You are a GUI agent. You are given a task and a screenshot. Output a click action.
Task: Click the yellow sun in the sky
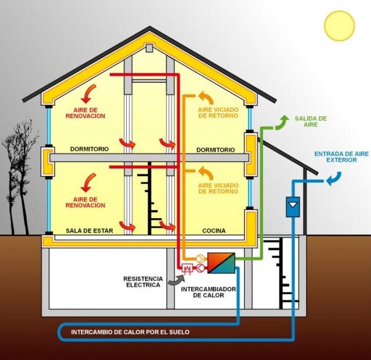tap(339, 26)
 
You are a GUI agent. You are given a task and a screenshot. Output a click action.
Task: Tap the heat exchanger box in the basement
tap(221, 263)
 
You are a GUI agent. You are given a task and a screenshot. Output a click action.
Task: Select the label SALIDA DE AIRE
tap(310, 121)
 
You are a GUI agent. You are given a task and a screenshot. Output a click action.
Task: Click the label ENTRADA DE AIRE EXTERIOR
tap(341, 157)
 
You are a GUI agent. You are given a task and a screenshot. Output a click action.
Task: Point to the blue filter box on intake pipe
tap(293, 207)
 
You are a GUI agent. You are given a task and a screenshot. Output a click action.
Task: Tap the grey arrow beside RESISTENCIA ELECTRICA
tap(176, 279)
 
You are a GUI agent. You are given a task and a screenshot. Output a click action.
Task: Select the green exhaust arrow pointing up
tap(281, 123)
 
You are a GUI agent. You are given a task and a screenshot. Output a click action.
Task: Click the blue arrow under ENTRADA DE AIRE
tap(334, 179)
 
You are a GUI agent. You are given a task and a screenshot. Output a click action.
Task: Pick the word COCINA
tap(214, 231)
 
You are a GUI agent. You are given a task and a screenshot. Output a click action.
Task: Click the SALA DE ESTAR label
tap(90, 231)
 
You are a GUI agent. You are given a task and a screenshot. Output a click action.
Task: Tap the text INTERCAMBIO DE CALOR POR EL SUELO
tap(130, 332)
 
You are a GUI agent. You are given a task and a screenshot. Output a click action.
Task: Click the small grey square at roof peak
tap(150, 48)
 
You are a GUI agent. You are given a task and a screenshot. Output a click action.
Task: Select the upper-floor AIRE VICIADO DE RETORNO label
tap(218, 112)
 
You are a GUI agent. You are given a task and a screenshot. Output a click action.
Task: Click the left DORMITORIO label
tap(90, 149)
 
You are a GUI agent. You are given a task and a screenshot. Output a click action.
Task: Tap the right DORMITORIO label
tap(216, 150)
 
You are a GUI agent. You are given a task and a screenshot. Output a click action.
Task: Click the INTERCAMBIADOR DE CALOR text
tap(208, 292)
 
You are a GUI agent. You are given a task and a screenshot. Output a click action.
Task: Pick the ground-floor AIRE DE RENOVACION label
tap(85, 202)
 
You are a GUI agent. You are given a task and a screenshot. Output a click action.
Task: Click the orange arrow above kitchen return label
tap(206, 172)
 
